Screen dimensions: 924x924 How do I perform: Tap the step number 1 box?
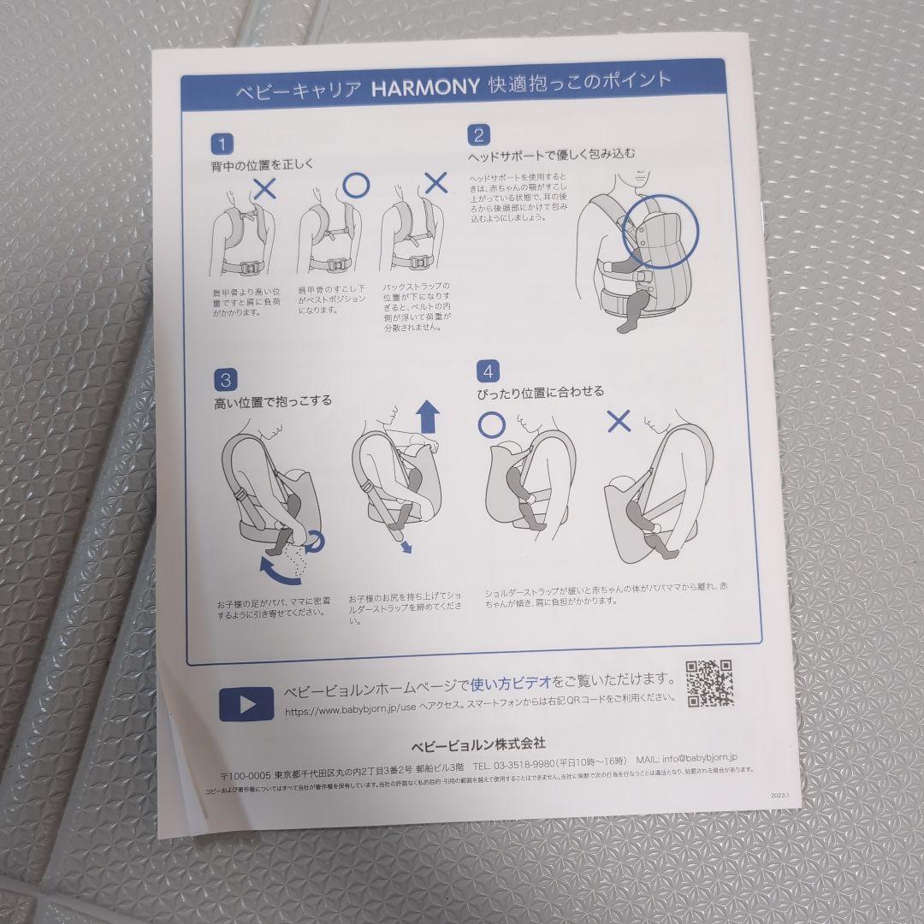coord(222,143)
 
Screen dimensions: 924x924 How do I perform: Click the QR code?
coord(709,683)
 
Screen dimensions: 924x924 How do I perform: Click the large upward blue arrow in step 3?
coord(428,420)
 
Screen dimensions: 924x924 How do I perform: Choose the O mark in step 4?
coord(491,423)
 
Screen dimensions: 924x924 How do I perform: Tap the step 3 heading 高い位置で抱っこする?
coord(273,400)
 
